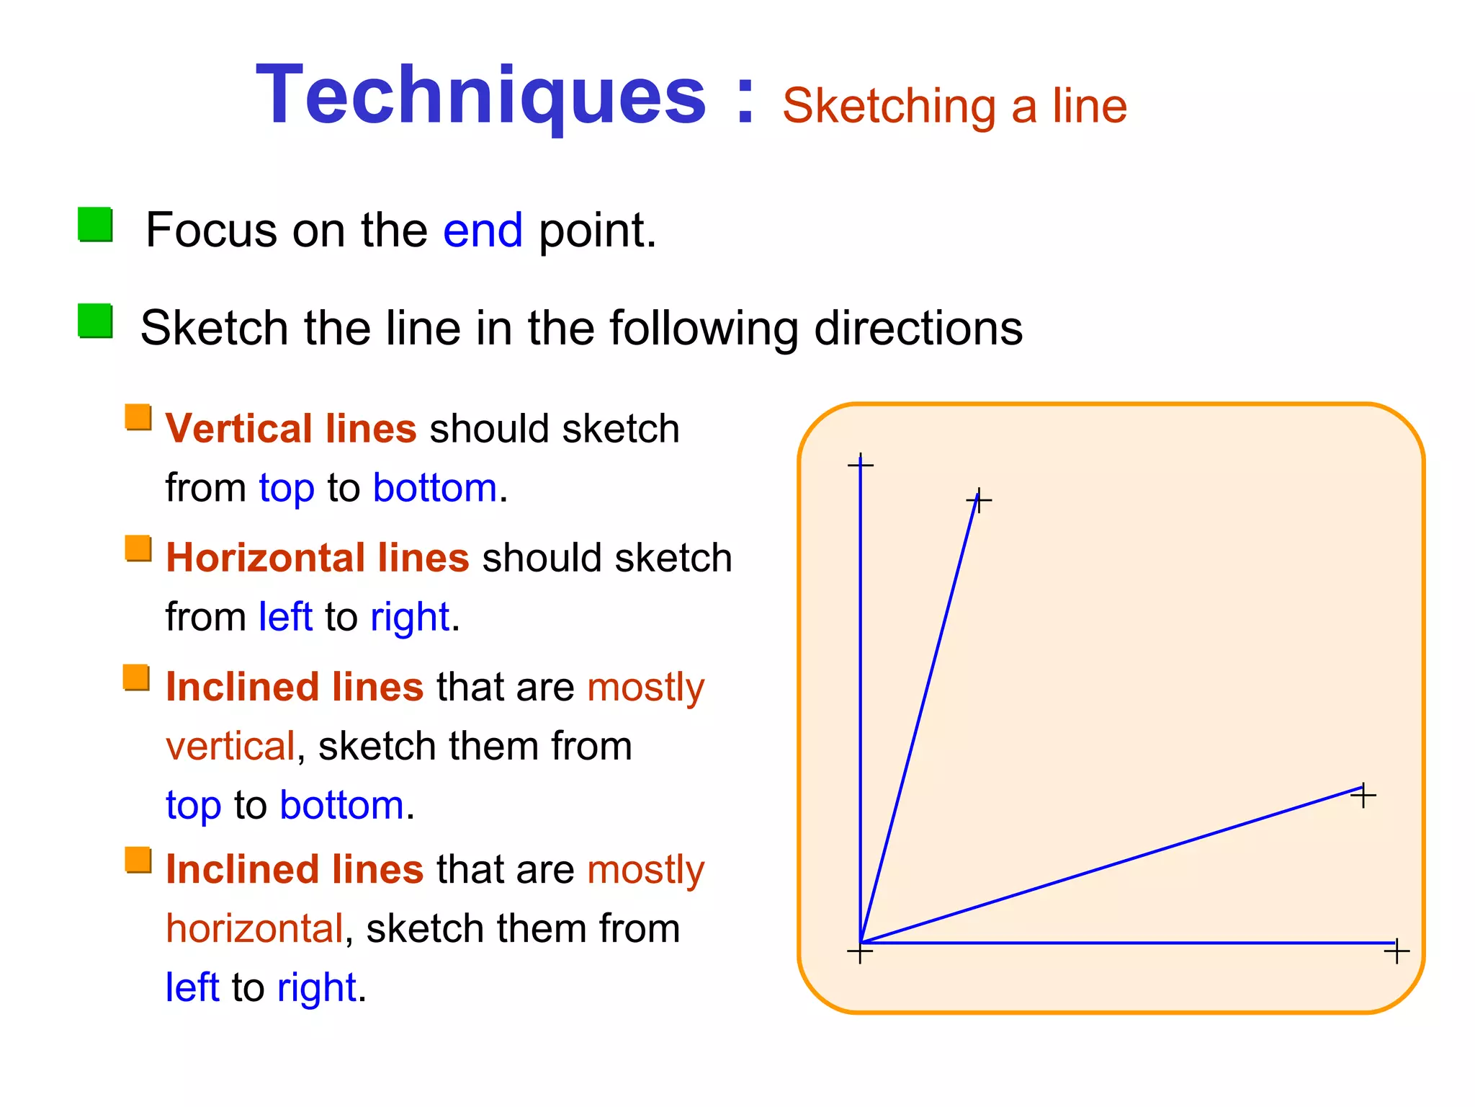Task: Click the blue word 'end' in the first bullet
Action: click(483, 231)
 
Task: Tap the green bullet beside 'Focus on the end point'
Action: click(95, 225)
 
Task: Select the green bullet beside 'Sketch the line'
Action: click(95, 321)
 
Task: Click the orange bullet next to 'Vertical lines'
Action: click(138, 417)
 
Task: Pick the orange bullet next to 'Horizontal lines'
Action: click(138, 548)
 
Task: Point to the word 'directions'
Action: click(918, 329)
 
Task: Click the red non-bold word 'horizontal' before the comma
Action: click(254, 928)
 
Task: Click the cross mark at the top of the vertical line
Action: click(861, 465)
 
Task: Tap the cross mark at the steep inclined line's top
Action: click(979, 500)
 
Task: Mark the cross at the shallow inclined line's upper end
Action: click(1363, 796)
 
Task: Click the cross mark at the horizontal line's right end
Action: click(1396, 951)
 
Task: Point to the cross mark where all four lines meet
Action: click(860, 952)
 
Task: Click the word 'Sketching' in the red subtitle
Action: click(889, 107)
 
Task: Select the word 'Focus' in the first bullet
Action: click(211, 231)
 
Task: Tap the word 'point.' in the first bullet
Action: click(598, 231)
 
